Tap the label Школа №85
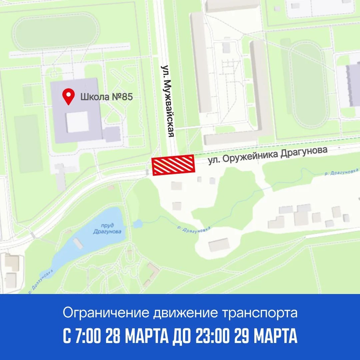pyautogui.click(x=106, y=97)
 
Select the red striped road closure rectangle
pyautogui.click(x=173, y=165)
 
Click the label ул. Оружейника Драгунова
pyautogui.click(x=267, y=155)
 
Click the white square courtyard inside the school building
pyautogui.click(x=77, y=122)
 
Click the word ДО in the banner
pyautogui.click(x=179, y=337)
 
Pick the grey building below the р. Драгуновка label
pyautogui.click(x=219, y=245)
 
